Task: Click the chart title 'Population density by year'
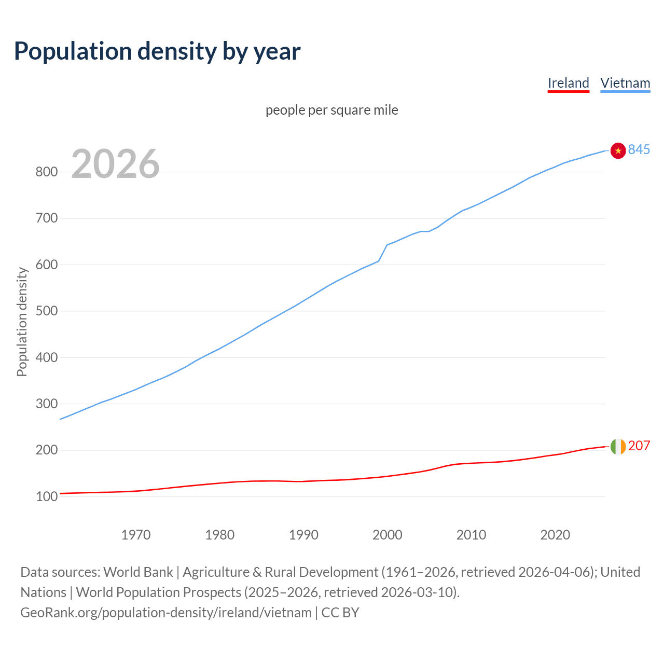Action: (157, 51)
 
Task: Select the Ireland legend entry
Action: (568, 83)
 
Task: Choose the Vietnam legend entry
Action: (625, 83)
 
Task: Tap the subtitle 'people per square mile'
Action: (332, 110)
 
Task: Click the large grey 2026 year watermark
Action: (115, 164)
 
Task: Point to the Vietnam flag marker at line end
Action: (618, 150)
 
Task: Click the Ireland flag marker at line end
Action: (618, 446)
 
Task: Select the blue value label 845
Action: (639, 149)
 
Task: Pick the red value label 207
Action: (639, 446)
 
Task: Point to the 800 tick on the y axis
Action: (46, 172)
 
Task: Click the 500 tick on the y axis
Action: (46, 311)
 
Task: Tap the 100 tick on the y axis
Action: (46, 496)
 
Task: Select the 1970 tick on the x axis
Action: (136, 534)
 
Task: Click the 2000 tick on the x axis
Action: (387, 534)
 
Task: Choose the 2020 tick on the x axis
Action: (555, 534)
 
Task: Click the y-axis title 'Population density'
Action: (22, 322)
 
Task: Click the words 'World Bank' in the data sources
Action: (138, 572)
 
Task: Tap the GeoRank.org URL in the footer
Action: (166, 612)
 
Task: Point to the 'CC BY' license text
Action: (340, 612)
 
